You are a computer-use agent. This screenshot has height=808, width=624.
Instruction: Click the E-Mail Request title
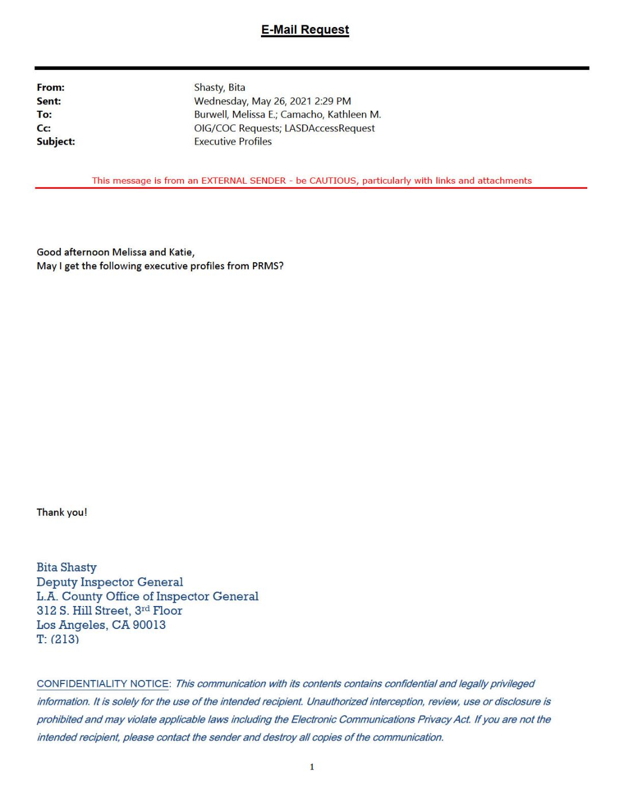coord(305,30)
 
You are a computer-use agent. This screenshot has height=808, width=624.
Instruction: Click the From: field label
coord(50,88)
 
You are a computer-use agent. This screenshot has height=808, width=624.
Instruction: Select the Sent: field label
coord(49,102)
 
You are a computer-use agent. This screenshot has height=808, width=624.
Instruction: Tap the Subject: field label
coord(56,142)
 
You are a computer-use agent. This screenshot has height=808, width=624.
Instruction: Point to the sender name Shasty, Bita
coord(219,88)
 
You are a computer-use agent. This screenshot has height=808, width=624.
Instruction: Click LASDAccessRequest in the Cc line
coord(329,129)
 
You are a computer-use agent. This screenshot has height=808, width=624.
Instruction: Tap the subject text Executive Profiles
coord(232,142)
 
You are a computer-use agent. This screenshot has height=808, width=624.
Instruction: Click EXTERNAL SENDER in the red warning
coord(243,181)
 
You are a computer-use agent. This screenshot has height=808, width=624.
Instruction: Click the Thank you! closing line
coord(62,512)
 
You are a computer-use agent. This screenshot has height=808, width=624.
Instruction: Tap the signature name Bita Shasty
coord(67,568)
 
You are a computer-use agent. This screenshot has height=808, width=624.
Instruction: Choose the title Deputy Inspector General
coord(110,582)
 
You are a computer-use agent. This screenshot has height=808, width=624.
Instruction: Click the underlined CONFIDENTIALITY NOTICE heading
coord(103,684)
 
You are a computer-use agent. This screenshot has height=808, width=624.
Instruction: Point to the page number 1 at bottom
coord(312,767)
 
